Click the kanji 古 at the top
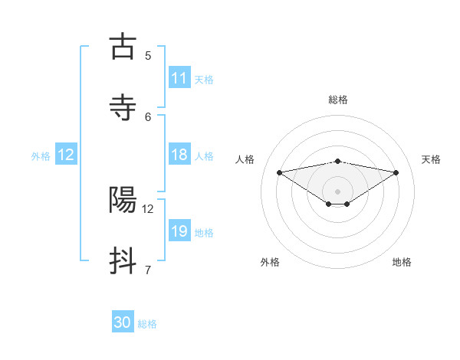[123, 47]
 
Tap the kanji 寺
[123, 106]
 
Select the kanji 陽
[123, 200]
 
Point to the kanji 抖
[123, 260]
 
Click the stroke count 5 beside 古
[148, 55]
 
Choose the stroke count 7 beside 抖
[148, 269]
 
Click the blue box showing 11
[179, 78]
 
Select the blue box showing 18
[179, 155]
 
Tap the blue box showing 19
[179, 231]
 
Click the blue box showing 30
[123, 323]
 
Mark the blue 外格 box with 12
[66, 155]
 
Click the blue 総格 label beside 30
[147, 324]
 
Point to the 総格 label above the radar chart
[338, 100]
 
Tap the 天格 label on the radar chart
[431, 159]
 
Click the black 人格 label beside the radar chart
[245, 159]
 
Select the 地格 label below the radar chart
[402, 262]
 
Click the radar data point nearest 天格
[396, 172]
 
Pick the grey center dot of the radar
[338, 191]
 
